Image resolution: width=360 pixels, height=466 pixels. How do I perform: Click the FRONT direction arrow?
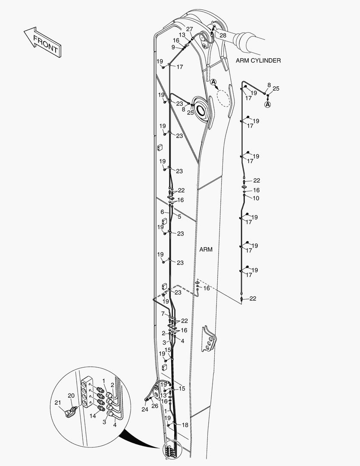tap(43, 42)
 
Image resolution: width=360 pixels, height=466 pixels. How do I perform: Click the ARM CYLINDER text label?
tap(258, 60)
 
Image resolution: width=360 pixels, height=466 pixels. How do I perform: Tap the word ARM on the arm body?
tap(206, 250)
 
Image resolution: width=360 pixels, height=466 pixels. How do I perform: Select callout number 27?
tap(190, 29)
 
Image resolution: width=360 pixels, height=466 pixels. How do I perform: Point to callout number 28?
tap(223, 35)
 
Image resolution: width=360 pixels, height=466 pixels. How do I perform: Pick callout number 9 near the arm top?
tap(173, 47)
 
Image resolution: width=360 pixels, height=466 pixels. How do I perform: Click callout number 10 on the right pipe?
tap(256, 198)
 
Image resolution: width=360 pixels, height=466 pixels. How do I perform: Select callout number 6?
tap(162, 212)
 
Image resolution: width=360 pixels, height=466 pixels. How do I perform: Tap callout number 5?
tap(179, 217)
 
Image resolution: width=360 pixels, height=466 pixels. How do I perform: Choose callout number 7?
tap(163, 314)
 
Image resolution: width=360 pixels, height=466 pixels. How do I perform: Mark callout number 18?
tap(185, 425)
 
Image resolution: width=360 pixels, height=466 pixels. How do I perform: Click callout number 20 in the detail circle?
tap(71, 396)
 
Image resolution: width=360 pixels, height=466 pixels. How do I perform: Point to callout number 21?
tap(58, 403)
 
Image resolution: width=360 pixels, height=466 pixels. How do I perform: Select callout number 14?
tap(93, 416)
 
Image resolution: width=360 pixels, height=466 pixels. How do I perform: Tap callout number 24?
tap(145, 409)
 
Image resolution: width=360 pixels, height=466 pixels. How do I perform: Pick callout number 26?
tap(155, 406)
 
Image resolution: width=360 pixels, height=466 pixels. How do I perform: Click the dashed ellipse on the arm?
tap(223, 98)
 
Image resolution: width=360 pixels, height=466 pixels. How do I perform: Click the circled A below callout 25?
tap(268, 104)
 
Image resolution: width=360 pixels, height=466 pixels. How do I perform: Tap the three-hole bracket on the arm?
tap(210, 339)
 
